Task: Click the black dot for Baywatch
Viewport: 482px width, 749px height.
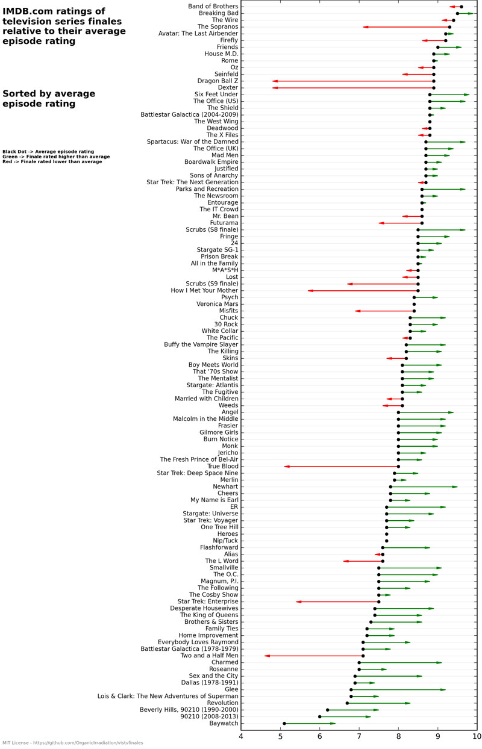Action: coord(284,723)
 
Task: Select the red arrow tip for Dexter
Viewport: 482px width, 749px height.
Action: coord(275,87)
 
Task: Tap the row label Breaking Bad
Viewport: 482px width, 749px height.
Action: coord(218,13)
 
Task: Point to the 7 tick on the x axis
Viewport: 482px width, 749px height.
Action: coord(359,730)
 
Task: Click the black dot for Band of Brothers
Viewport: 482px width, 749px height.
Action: coord(462,7)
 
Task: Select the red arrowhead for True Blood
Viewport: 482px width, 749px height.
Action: coord(287,466)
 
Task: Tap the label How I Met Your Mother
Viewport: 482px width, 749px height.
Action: coord(204,291)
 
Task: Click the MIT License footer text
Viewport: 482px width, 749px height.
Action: coord(72,743)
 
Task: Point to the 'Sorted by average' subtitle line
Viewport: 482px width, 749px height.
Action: coord(49,93)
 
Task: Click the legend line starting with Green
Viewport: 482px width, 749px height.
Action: coord(56,157)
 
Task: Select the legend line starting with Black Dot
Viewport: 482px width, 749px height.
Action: coord(48,152)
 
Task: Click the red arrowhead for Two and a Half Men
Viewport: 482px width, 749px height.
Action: coord(267,656)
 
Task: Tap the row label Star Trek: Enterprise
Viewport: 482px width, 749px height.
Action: coord(208,601)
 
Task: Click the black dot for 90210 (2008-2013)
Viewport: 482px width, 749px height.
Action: coord(320,716)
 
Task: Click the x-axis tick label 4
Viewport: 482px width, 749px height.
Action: coord(241,737)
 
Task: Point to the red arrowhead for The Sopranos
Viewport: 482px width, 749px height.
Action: coord(365,26)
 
